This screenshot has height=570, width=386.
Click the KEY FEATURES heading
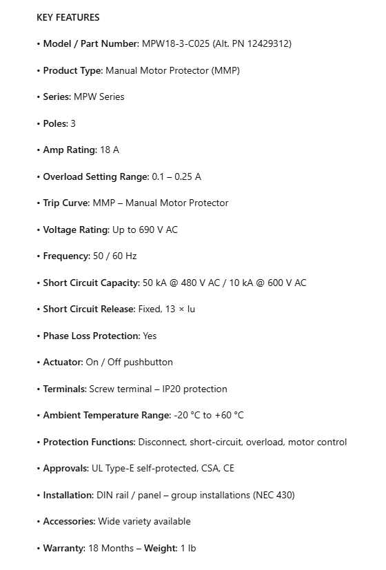click(68, 17)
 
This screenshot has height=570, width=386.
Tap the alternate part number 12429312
click(266, 43)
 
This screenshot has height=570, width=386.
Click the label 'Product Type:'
click(72, 70)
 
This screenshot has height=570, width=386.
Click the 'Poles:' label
click(55, 123)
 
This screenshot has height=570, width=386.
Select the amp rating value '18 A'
click(110, 150)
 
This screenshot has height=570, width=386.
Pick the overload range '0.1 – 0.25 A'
click(176, 176)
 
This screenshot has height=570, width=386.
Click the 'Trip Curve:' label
click(66, 203)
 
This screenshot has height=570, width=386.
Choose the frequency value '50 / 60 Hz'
click(114, 256)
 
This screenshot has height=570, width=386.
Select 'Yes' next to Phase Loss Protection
click(150, 336)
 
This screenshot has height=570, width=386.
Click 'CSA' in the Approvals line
click(210, 468)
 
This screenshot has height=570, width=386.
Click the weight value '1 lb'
click(187, 548)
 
